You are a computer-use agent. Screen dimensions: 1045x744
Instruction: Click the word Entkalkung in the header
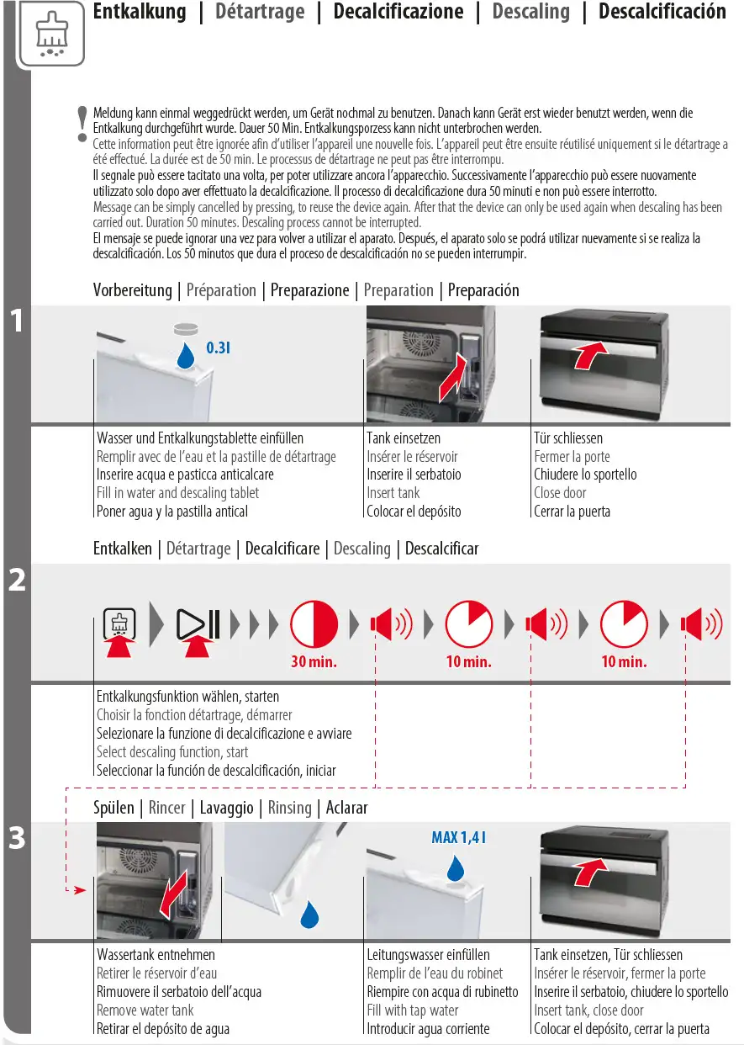coord(139,12)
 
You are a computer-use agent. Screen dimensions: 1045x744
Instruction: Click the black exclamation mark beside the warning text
coord(82,123)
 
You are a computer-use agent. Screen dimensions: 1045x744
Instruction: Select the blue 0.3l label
coord(218,347)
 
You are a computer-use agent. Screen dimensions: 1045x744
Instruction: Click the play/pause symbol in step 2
coord(198,624)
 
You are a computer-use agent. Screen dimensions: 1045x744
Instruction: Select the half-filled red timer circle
coord(314,624)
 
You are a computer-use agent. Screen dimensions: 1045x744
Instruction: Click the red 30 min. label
coord(314,662)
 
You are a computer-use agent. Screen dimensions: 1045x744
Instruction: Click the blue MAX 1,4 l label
coord(459,837)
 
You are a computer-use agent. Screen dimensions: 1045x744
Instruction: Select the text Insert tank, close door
coord(588,1010)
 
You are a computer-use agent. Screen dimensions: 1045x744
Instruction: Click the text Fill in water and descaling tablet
coord(177,493)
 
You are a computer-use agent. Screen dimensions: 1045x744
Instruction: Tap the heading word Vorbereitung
coord(132,290)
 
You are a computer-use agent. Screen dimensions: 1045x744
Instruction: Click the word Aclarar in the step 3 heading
coord(346,808)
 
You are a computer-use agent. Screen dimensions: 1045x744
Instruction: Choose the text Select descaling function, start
coord(172,752)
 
